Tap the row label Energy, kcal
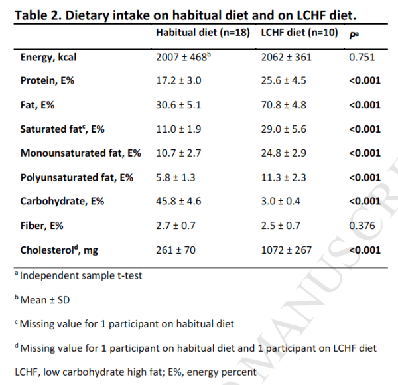click(x=48, y=57)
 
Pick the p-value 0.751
click(x=362, y=57)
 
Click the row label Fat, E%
click(x=42, y=105)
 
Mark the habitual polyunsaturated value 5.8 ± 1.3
click(x=176, y=177)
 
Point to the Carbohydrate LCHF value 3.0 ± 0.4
click(x=285, y=201)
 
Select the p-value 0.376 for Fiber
click(x=362, y=226)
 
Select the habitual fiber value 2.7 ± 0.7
click(x=176, y=226)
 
